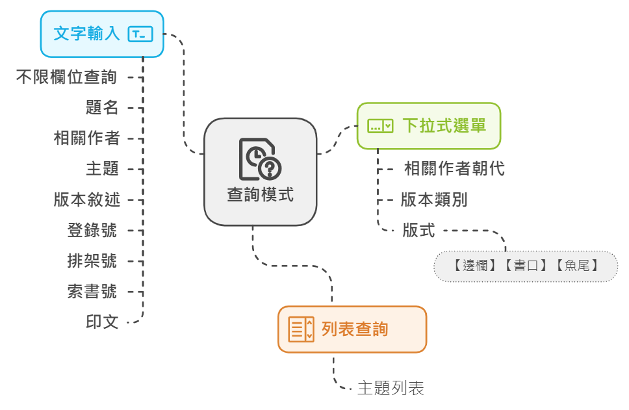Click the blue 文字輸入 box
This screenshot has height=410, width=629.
coord(101,34)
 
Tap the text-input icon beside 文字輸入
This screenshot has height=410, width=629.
coord(140,34)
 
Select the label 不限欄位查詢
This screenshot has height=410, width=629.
coord(66,77)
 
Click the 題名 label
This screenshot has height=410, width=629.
coord(102,108)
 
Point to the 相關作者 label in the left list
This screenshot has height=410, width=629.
coord(86,138)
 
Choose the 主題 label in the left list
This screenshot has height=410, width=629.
coord(102,169)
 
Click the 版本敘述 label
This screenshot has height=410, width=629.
coord(86,199)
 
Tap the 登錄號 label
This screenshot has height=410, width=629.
coord(92,230)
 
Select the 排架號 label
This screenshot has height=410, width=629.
coord(92,261)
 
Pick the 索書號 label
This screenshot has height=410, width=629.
coord(92,291)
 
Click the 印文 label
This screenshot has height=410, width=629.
coord(102,322)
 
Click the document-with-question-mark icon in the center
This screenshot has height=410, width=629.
coord(260,159)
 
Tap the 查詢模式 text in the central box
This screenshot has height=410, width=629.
coord(260,194)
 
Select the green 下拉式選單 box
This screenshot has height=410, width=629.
coord(429,126)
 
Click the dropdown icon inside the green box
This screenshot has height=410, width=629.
coord(380,126)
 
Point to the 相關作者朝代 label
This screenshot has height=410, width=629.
coord(454,170)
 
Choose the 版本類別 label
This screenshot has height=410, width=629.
coord(433,200)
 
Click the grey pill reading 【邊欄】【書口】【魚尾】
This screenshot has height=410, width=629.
coord(526,266)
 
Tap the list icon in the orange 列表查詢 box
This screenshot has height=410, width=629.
coord(302,329)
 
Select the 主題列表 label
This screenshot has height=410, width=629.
coord(391,389)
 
